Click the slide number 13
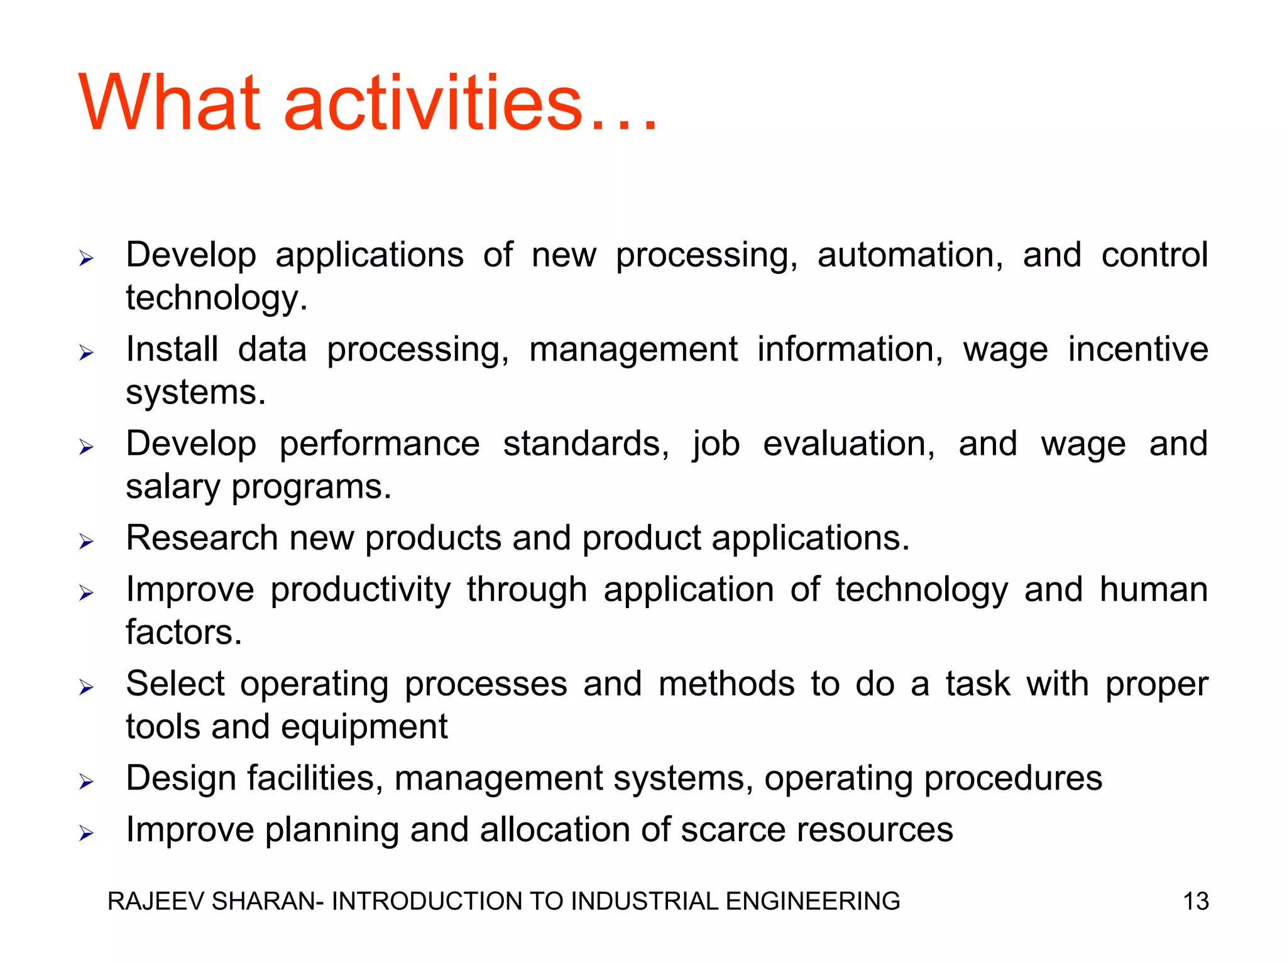click(1195, 901)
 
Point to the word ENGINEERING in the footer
click(813, 901)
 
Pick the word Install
click(172, 349)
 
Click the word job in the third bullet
click(716, 445)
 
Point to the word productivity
click(360, 591)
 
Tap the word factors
click(183, 632)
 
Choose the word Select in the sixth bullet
click(175, 684)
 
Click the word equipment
click(364, 728)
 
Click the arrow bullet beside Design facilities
click(86, 782)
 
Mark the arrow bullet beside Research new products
click(86, 542)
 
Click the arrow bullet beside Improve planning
click(86, 833)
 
